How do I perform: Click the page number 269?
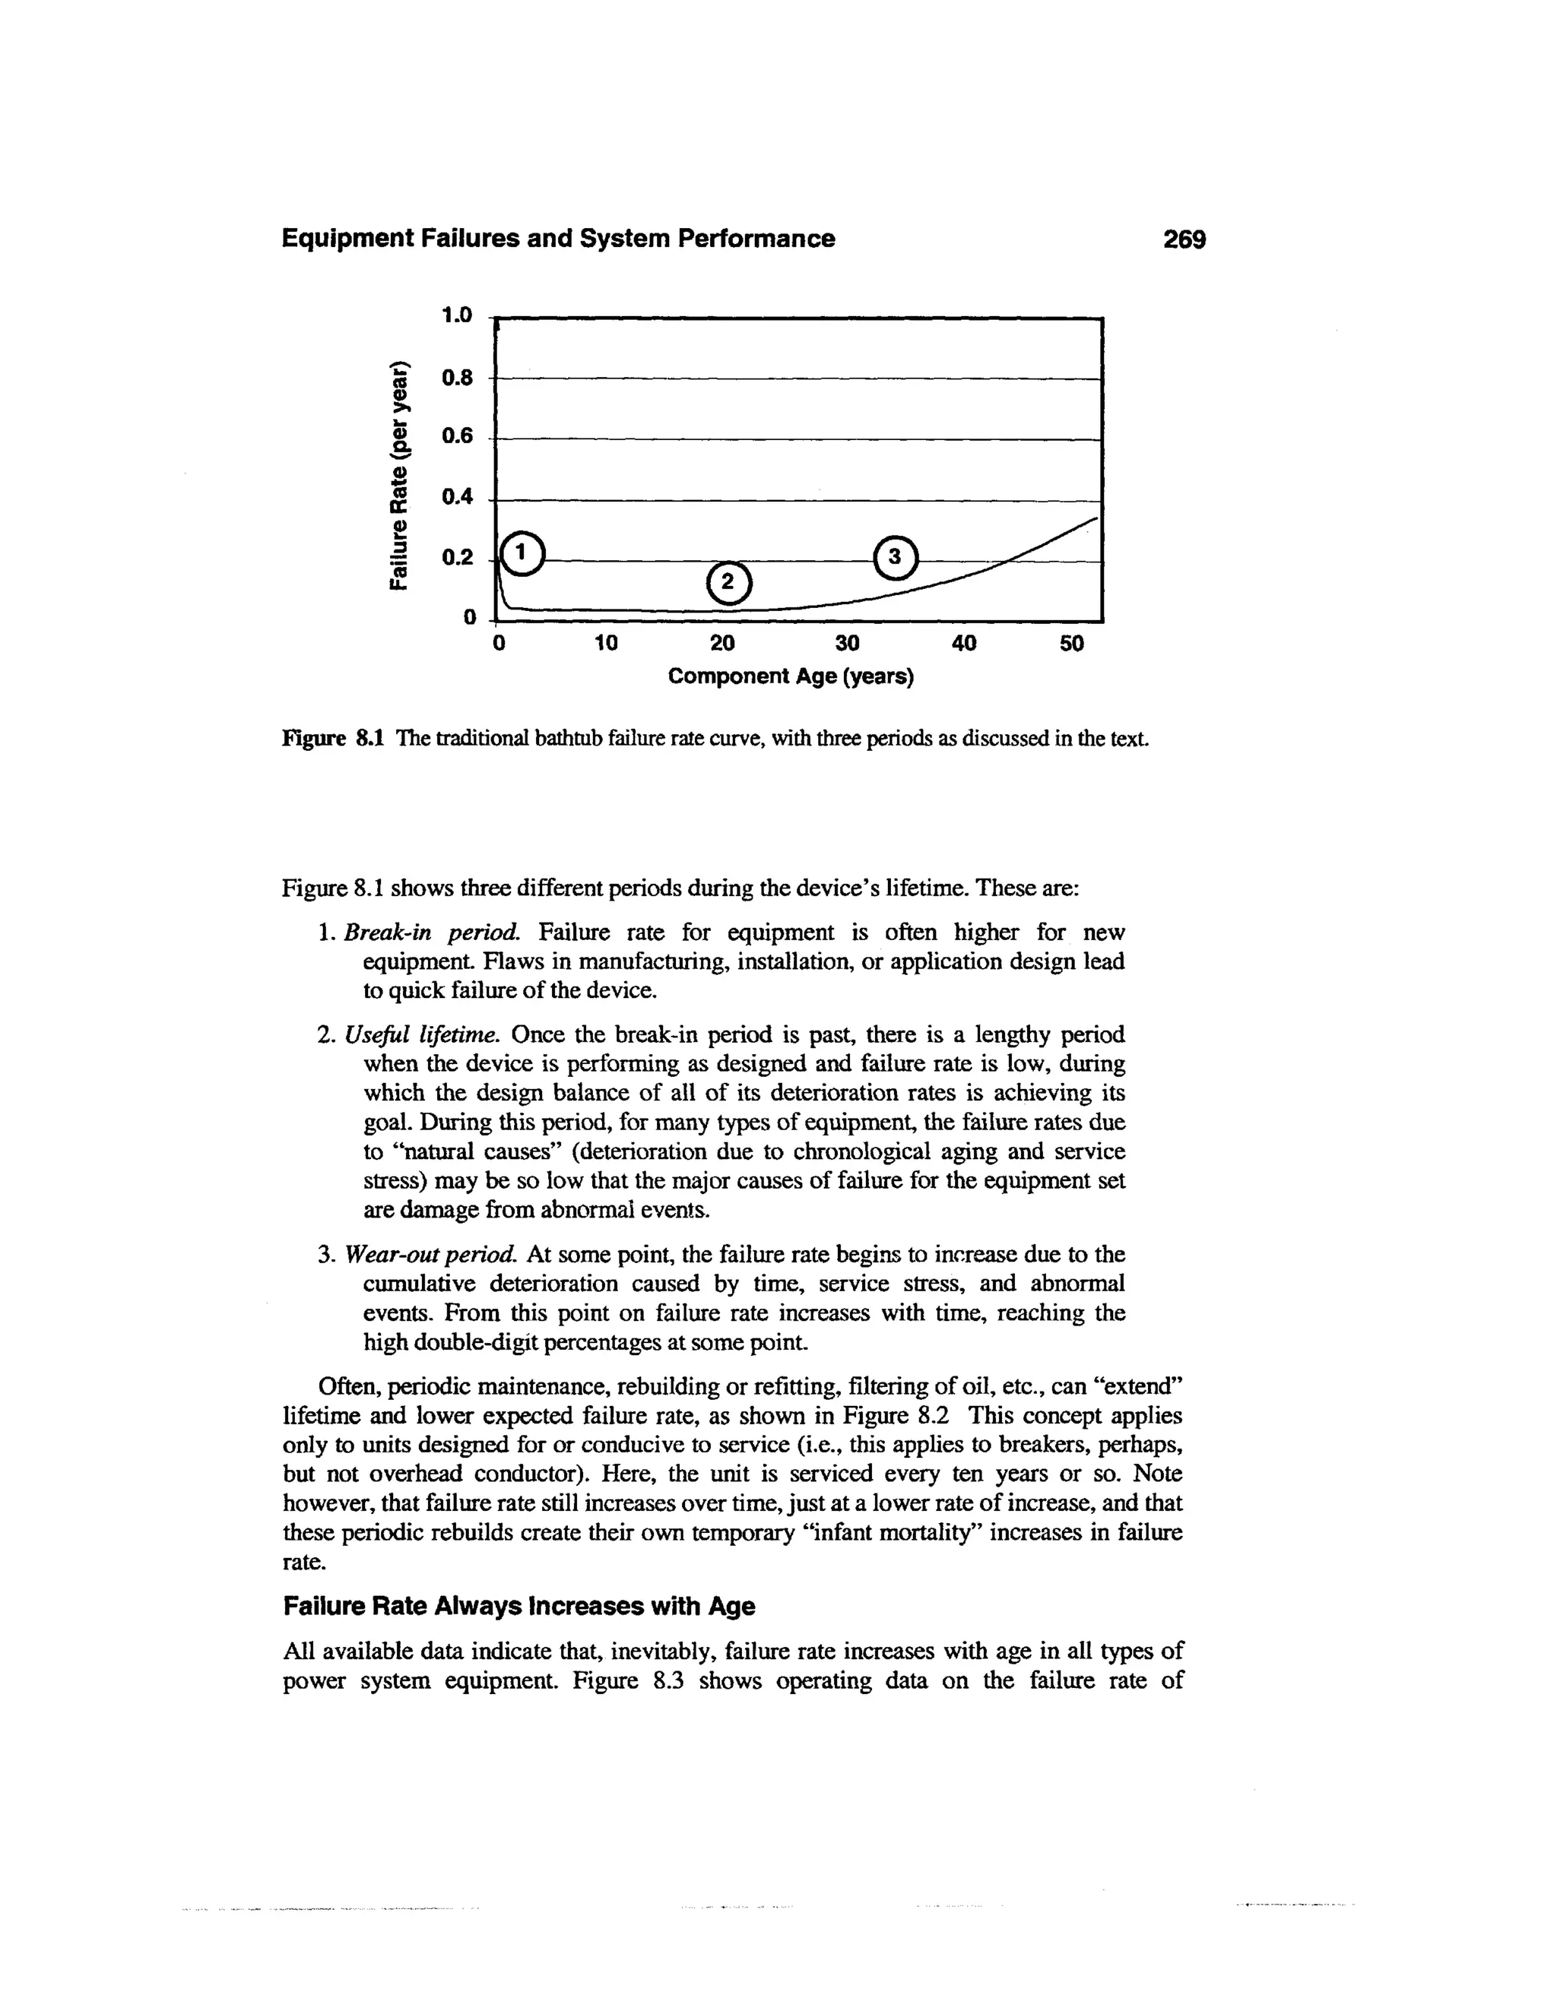click(1184, 239)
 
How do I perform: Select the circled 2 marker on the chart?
click(728, 583)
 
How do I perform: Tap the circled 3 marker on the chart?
click(895, 558)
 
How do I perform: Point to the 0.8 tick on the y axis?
click(457, 377)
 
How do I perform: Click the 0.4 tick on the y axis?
click(457, 498)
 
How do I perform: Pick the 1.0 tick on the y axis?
click(457, 315)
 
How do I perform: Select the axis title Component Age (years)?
click(791, 677)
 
